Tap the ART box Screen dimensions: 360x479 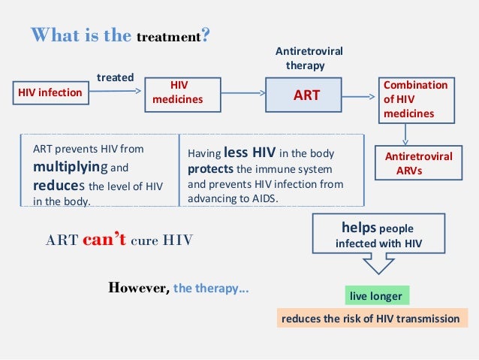pos(306,95)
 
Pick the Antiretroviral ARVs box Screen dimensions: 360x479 pos(418,163)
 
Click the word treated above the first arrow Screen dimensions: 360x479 pos(116,77)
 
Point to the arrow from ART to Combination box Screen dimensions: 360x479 pos(363,95)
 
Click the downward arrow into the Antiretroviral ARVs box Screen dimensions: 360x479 pos(405,134)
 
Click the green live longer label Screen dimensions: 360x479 pos(375,296)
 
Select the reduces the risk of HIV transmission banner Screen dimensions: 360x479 pos(369,319)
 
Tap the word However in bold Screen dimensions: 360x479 pos(139,287)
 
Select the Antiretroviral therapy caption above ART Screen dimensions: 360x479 pos(309,58)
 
